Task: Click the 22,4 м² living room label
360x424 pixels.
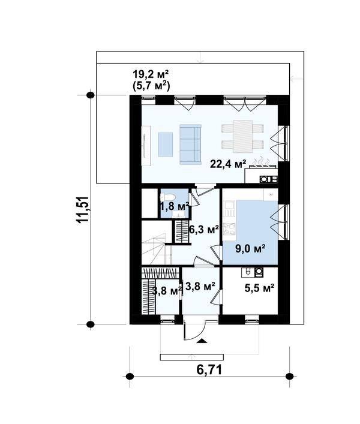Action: (x=228, y=164)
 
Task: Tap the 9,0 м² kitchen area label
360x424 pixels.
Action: (x=250, y=248)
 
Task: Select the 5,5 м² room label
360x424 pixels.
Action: (x=259, y=288)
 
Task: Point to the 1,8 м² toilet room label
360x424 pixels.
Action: (x=175, y=207)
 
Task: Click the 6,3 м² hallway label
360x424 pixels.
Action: (x=203, y=230)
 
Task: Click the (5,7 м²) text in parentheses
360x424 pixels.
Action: (x=151, y=86)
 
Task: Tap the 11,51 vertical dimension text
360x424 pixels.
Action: (x=83, y=209)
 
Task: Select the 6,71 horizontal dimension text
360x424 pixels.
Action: (x=209, y=370)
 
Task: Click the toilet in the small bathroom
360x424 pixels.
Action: (x=169, y=197)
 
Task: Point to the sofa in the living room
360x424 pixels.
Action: (x=190, y=145)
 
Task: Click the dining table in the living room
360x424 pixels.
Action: (x=242, y=137)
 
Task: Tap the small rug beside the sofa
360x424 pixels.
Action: (x=165, y=145)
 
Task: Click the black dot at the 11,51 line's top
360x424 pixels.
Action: (x=90, y=95)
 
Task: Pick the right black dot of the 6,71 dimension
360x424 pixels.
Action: (x=290, y=376)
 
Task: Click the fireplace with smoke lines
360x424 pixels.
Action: (x=261, y=170)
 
